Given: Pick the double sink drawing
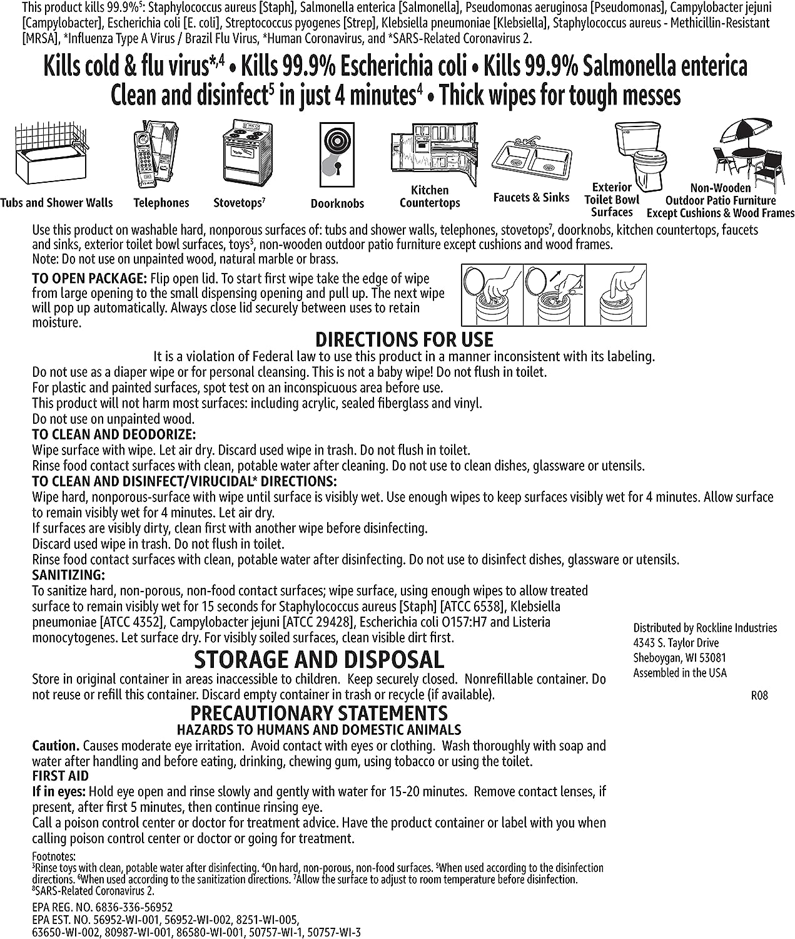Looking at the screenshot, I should pyautogui.click(x=531, y=160).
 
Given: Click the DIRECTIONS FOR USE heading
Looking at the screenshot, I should pyautogui.click(x=404, y=340).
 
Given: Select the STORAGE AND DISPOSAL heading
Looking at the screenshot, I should pyautogui.click(x=319, y=660).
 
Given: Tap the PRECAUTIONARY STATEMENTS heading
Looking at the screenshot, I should pyautogui.click(x=319, y=713).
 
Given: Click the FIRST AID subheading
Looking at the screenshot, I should pyautogui.click(x=61, y=776).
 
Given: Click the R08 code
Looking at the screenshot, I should pyautogui.click(x=759, y=695).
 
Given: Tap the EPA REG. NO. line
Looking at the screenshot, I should pyautogui.click(x=102, y=907).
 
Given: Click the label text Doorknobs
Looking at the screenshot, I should pyautogui.click(x=337, y=203).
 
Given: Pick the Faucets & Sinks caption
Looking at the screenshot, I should pyautogui.click(x=531, y=198).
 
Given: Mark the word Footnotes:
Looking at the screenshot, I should pyautogui.click(x=53, y=856).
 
